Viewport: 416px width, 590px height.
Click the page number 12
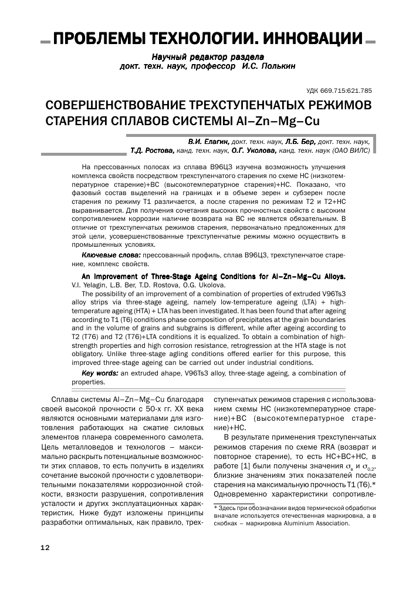click(x=45, y=548)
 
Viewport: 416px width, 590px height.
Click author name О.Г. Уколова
click(x=270, y=150)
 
